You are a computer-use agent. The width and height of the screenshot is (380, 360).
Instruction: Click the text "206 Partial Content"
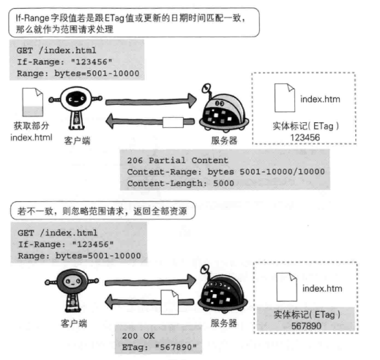(177, 160)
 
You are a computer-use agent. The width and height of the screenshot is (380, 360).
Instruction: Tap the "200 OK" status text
(138, 336)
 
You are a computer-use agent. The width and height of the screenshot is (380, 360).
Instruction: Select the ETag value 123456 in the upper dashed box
(305, 138)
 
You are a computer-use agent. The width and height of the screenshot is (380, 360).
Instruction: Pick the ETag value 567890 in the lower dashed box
(306, 326)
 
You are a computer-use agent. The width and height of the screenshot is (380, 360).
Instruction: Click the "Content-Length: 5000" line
(180, 184)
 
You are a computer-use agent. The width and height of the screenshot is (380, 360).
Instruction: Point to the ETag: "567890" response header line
(159, 347)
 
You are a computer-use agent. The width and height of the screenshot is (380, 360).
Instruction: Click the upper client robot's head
(76, 99)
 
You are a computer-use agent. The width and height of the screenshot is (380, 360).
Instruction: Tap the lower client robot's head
(72, 281)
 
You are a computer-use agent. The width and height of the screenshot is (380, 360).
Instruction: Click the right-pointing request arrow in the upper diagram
(151, 101)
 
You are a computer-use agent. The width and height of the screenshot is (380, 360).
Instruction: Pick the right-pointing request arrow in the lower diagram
(150, 282)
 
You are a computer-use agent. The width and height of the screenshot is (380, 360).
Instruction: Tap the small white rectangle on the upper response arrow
(173, 122)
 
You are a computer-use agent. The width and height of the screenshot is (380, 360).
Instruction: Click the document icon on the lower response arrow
(170, 302)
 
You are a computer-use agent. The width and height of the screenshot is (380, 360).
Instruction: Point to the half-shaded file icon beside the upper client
(32, 102)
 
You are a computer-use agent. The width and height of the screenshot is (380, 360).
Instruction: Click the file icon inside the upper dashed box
(285, 98)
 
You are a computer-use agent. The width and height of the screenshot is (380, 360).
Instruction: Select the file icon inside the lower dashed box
(287, 287)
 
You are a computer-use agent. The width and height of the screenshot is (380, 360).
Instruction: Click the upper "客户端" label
(77, 140)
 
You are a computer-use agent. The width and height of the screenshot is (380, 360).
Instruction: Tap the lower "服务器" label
(224, 323)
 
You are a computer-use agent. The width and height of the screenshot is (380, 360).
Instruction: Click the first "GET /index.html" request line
(56, 50)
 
